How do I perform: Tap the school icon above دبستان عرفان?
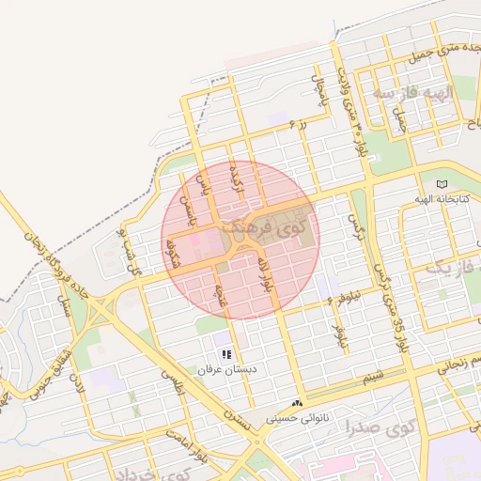(x=225, y=354)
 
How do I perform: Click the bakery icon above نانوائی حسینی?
(x=298, y=403)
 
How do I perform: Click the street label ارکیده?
(x=238, y=178)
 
